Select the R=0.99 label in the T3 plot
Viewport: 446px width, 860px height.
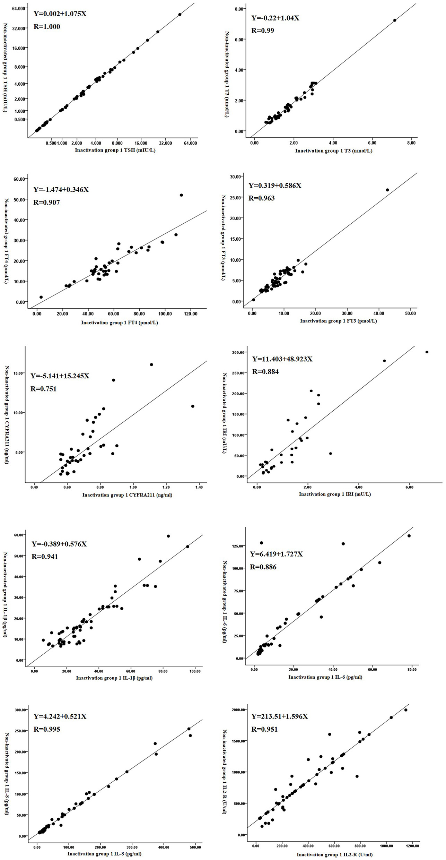pos(262,31)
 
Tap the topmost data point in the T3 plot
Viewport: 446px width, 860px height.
pos(394,20)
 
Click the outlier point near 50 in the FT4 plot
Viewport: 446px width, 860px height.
pos(181,195)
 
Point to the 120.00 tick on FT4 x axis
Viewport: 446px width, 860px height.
pos(191,314)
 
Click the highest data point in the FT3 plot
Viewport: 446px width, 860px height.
pos(387,190)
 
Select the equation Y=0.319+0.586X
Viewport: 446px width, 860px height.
pos(275,186)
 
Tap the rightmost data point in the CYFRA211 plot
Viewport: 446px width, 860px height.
pos(193,406)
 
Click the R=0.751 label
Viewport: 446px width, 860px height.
pos(43,389)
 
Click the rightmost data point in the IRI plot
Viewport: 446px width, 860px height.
pos(427,352)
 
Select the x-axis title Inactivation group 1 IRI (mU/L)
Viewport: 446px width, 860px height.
pos(335,494)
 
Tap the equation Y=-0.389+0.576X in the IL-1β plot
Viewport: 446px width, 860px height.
pos(59,544)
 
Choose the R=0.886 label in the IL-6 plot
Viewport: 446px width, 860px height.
pos(263,567)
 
